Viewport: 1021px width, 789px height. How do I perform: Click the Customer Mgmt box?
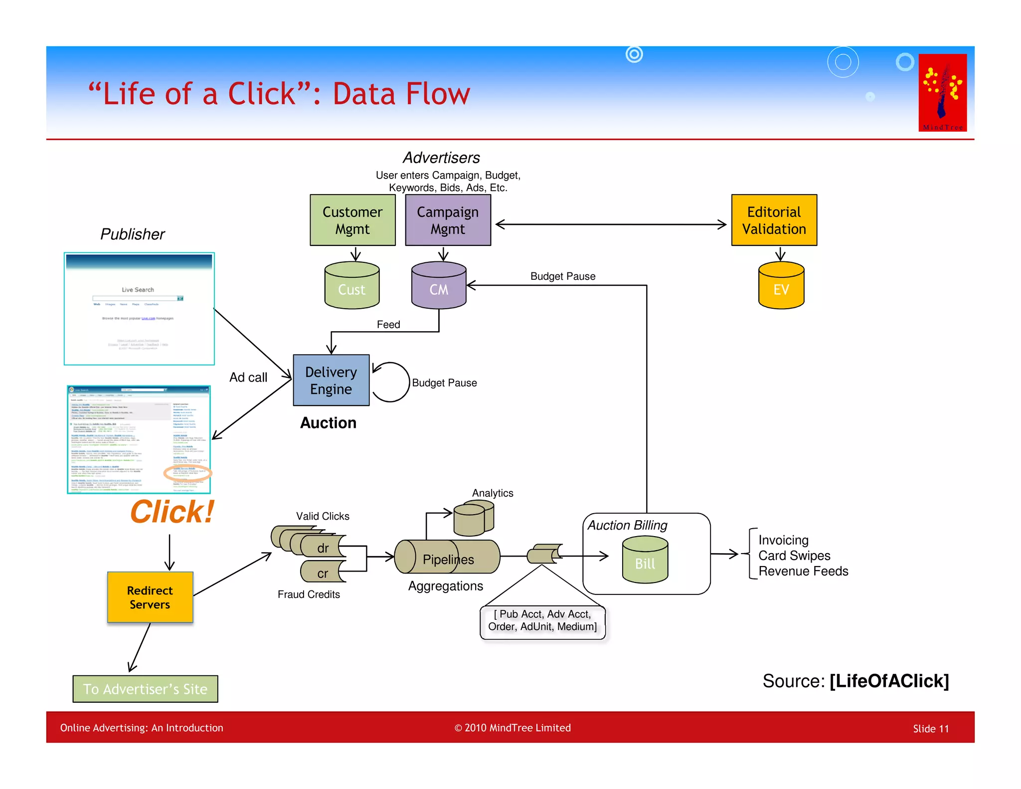point(352,220)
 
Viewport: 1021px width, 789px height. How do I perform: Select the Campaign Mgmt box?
point(448,220)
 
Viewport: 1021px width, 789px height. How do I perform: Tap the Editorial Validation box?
point(774,220)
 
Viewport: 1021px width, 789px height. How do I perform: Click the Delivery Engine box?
point(331,380)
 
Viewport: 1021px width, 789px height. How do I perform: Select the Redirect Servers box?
point(150,597)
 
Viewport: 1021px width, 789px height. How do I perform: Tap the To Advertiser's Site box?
point(145,689)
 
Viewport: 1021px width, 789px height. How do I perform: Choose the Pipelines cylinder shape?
point(447,557)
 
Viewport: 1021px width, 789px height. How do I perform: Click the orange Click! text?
point(172,512)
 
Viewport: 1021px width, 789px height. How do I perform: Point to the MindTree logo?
point(942,92)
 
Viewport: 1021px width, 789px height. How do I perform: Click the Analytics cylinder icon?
point(473,519)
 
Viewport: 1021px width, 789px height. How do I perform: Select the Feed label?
point(388,325)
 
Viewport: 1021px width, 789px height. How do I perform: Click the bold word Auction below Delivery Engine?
point(328,423)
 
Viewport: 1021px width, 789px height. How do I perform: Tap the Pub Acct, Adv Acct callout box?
point(542,621)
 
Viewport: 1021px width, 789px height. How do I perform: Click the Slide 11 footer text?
point(930,729)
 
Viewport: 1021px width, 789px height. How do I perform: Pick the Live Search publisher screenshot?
point(139,309)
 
